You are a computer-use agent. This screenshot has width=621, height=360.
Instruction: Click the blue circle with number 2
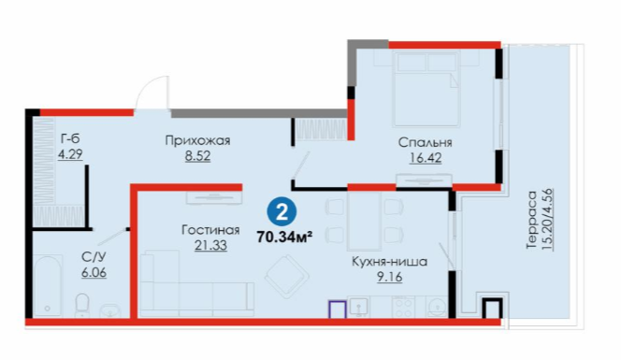point(282,213)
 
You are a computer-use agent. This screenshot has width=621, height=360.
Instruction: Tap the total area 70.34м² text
point(284,237)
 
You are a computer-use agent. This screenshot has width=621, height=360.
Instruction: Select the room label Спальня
point(425,142)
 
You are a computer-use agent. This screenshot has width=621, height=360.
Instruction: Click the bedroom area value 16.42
point(426,158)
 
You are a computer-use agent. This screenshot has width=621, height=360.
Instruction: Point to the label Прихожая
point(197,140)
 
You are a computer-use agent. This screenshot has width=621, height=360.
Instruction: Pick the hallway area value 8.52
point(197,156)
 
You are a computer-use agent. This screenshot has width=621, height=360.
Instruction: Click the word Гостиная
point(210,230)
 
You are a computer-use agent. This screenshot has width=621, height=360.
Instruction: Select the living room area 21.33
point(210,246)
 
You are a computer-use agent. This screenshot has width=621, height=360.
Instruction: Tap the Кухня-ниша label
point(390,262)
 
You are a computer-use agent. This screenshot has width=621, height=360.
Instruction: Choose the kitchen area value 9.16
point(390,277)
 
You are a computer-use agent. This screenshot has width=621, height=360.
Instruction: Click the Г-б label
point(70,138)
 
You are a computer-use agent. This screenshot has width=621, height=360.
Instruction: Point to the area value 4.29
point(70,153)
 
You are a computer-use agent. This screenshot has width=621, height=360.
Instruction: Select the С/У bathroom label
point(94,257)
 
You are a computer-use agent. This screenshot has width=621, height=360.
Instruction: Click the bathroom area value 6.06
point(94,273)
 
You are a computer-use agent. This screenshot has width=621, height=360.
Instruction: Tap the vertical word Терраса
point(531,220)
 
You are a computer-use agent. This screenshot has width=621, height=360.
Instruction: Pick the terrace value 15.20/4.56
point(547,220)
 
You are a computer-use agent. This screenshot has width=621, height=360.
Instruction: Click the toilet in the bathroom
point(82,305)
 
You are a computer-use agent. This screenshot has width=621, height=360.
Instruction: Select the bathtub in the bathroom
point(48,285)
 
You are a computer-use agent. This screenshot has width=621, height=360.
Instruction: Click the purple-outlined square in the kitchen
point(337,310)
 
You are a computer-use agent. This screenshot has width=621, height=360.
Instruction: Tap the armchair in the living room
point(287,277)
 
